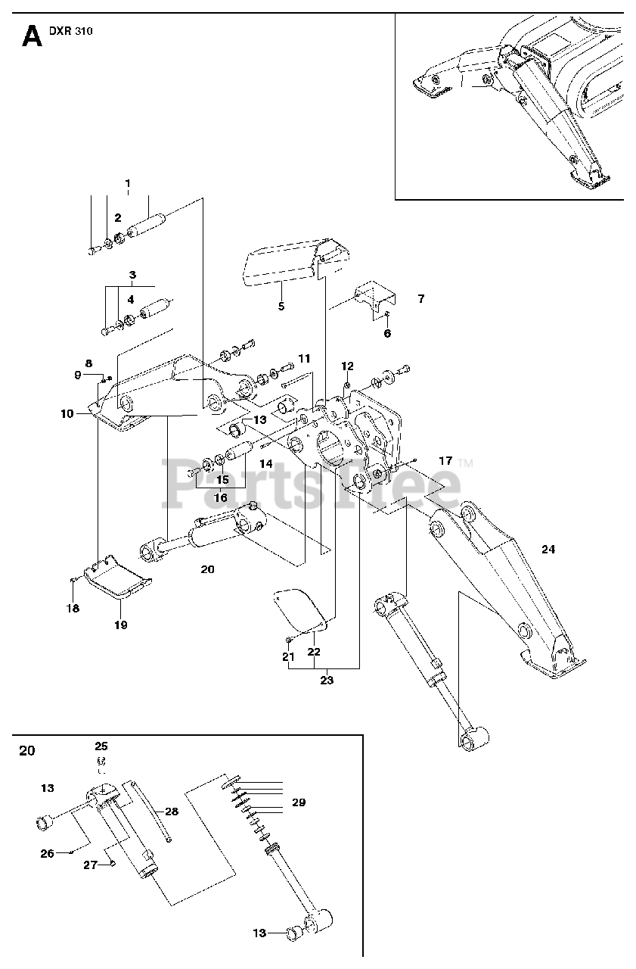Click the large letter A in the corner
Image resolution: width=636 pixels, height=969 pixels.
point(32,36)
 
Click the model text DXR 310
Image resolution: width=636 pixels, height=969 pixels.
point(71,31)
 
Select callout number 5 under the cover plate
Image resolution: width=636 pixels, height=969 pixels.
point(281,307)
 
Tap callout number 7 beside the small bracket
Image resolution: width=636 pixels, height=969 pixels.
point(421,298)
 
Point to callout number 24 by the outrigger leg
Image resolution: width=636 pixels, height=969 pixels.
point(548,549)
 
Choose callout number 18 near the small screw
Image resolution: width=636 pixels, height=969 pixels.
point(73,608)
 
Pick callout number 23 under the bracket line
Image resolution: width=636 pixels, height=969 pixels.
point(327,680)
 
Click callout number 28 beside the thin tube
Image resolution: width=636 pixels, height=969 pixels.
point(172,811)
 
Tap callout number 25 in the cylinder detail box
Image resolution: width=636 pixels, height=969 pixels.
point(101,746)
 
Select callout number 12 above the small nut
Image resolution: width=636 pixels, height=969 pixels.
point(347,366)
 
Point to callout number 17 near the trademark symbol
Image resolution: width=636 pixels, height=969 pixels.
point(445,461)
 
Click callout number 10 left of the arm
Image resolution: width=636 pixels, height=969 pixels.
point(67,413)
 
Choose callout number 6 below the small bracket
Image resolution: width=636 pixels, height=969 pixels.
point(387,333)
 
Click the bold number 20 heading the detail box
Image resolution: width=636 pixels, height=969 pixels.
point(26,750)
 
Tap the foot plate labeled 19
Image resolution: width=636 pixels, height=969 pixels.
point(117,577)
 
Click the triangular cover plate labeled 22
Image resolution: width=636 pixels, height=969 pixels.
point(300,609)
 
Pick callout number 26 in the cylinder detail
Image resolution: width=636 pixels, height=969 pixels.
point(47,853)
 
